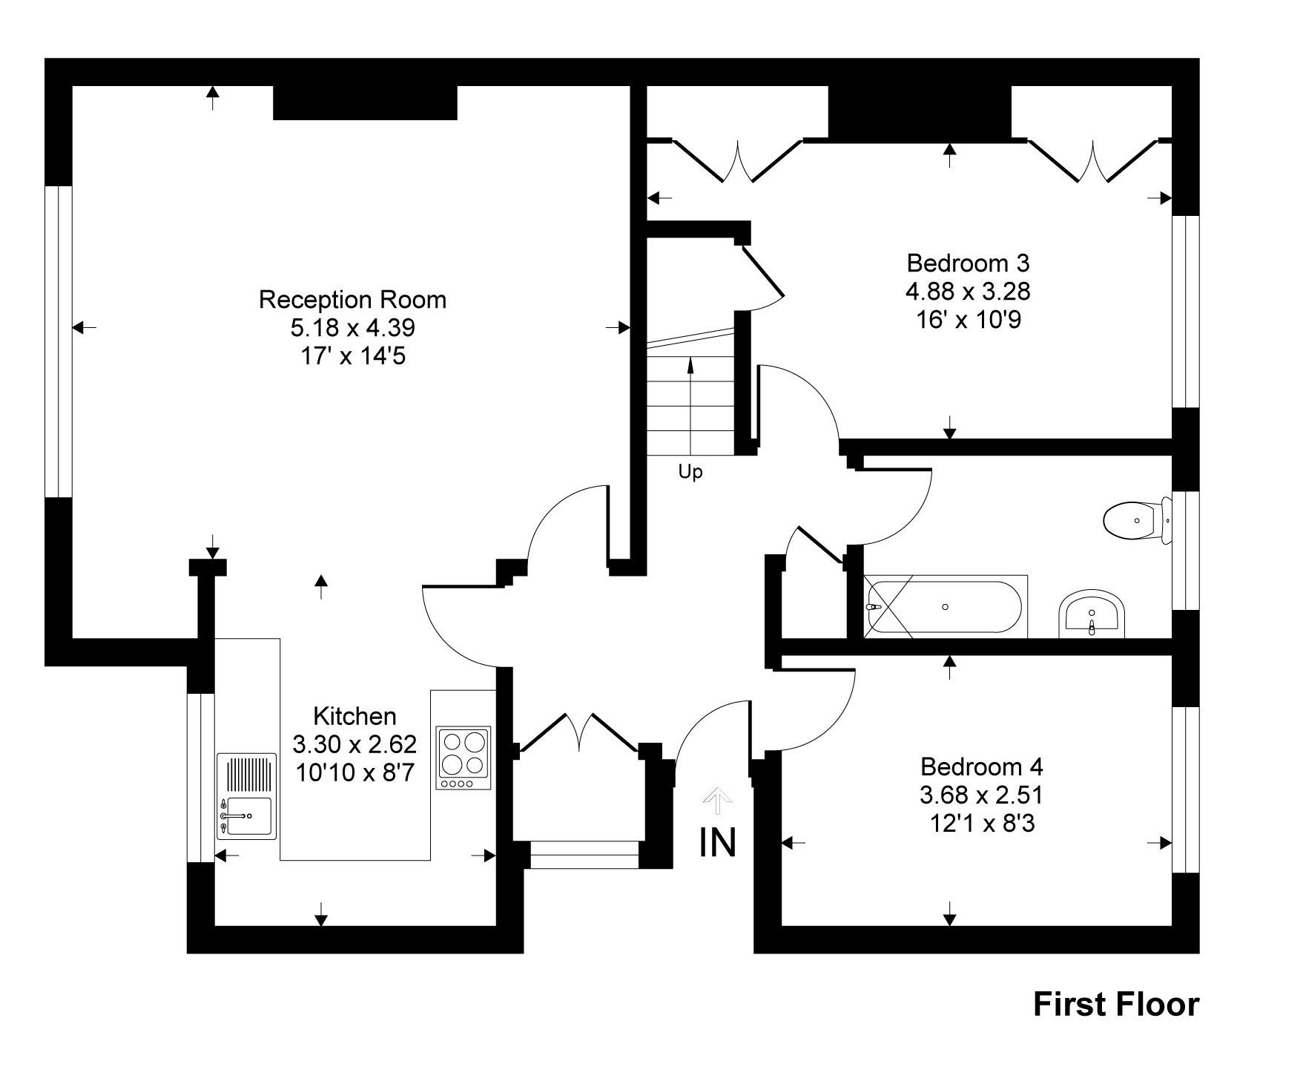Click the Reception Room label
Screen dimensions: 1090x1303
pos(352,300)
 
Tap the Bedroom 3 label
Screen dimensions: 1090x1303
pos(968,263)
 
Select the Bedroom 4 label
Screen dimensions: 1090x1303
pos(981,766)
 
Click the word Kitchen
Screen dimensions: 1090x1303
pos(354,716)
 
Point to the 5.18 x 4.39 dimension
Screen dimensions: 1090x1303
pos(352,327)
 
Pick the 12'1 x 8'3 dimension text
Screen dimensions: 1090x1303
pos(981,823)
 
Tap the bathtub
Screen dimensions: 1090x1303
pos(946,606)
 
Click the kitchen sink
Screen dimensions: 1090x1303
pos(246,816)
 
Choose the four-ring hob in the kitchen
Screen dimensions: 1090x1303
pos(464,753)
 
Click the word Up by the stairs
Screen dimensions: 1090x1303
pos(690,472)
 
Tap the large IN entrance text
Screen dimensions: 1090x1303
pos(718,842)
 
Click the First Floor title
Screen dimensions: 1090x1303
pos(1115,1005)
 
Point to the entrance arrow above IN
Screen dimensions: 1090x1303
pos(717,799)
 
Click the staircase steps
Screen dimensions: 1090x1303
pos(690,404)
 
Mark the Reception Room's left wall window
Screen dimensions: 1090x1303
pos(59,341)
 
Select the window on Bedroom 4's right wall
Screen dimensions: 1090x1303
pos(1185,789)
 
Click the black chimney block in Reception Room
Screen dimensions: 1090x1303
pos(365,102)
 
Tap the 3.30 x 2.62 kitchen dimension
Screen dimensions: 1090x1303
pos(354,743)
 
